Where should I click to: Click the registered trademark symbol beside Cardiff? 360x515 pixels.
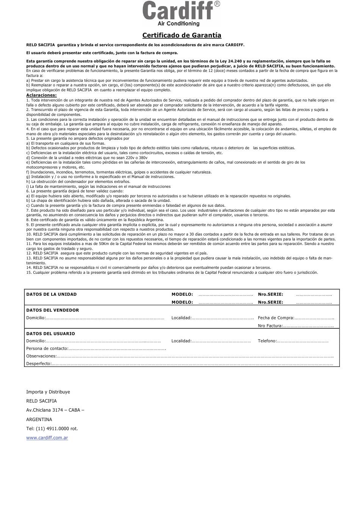(x=217, y=4)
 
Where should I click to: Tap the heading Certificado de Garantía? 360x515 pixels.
(x=182, y=35)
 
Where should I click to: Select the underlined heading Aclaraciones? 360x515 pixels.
(x=41, y=95)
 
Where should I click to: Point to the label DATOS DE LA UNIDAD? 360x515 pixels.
(x=51, y=294)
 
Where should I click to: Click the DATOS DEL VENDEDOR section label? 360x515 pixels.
(x=52, y=310)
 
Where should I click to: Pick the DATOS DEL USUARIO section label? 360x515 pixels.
(x=50, y=334)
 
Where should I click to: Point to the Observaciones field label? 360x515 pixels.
(x=41, y=356)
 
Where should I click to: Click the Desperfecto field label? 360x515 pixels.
(x=39, y=364)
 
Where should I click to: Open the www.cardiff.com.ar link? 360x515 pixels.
(x=47, y=438)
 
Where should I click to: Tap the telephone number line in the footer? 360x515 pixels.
(x=52, y=429)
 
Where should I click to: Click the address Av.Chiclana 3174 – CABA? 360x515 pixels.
(x=55, y=410)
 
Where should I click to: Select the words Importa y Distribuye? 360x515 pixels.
(x=48, y=392)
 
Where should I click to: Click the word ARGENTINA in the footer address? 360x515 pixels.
(x=39, y=420)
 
